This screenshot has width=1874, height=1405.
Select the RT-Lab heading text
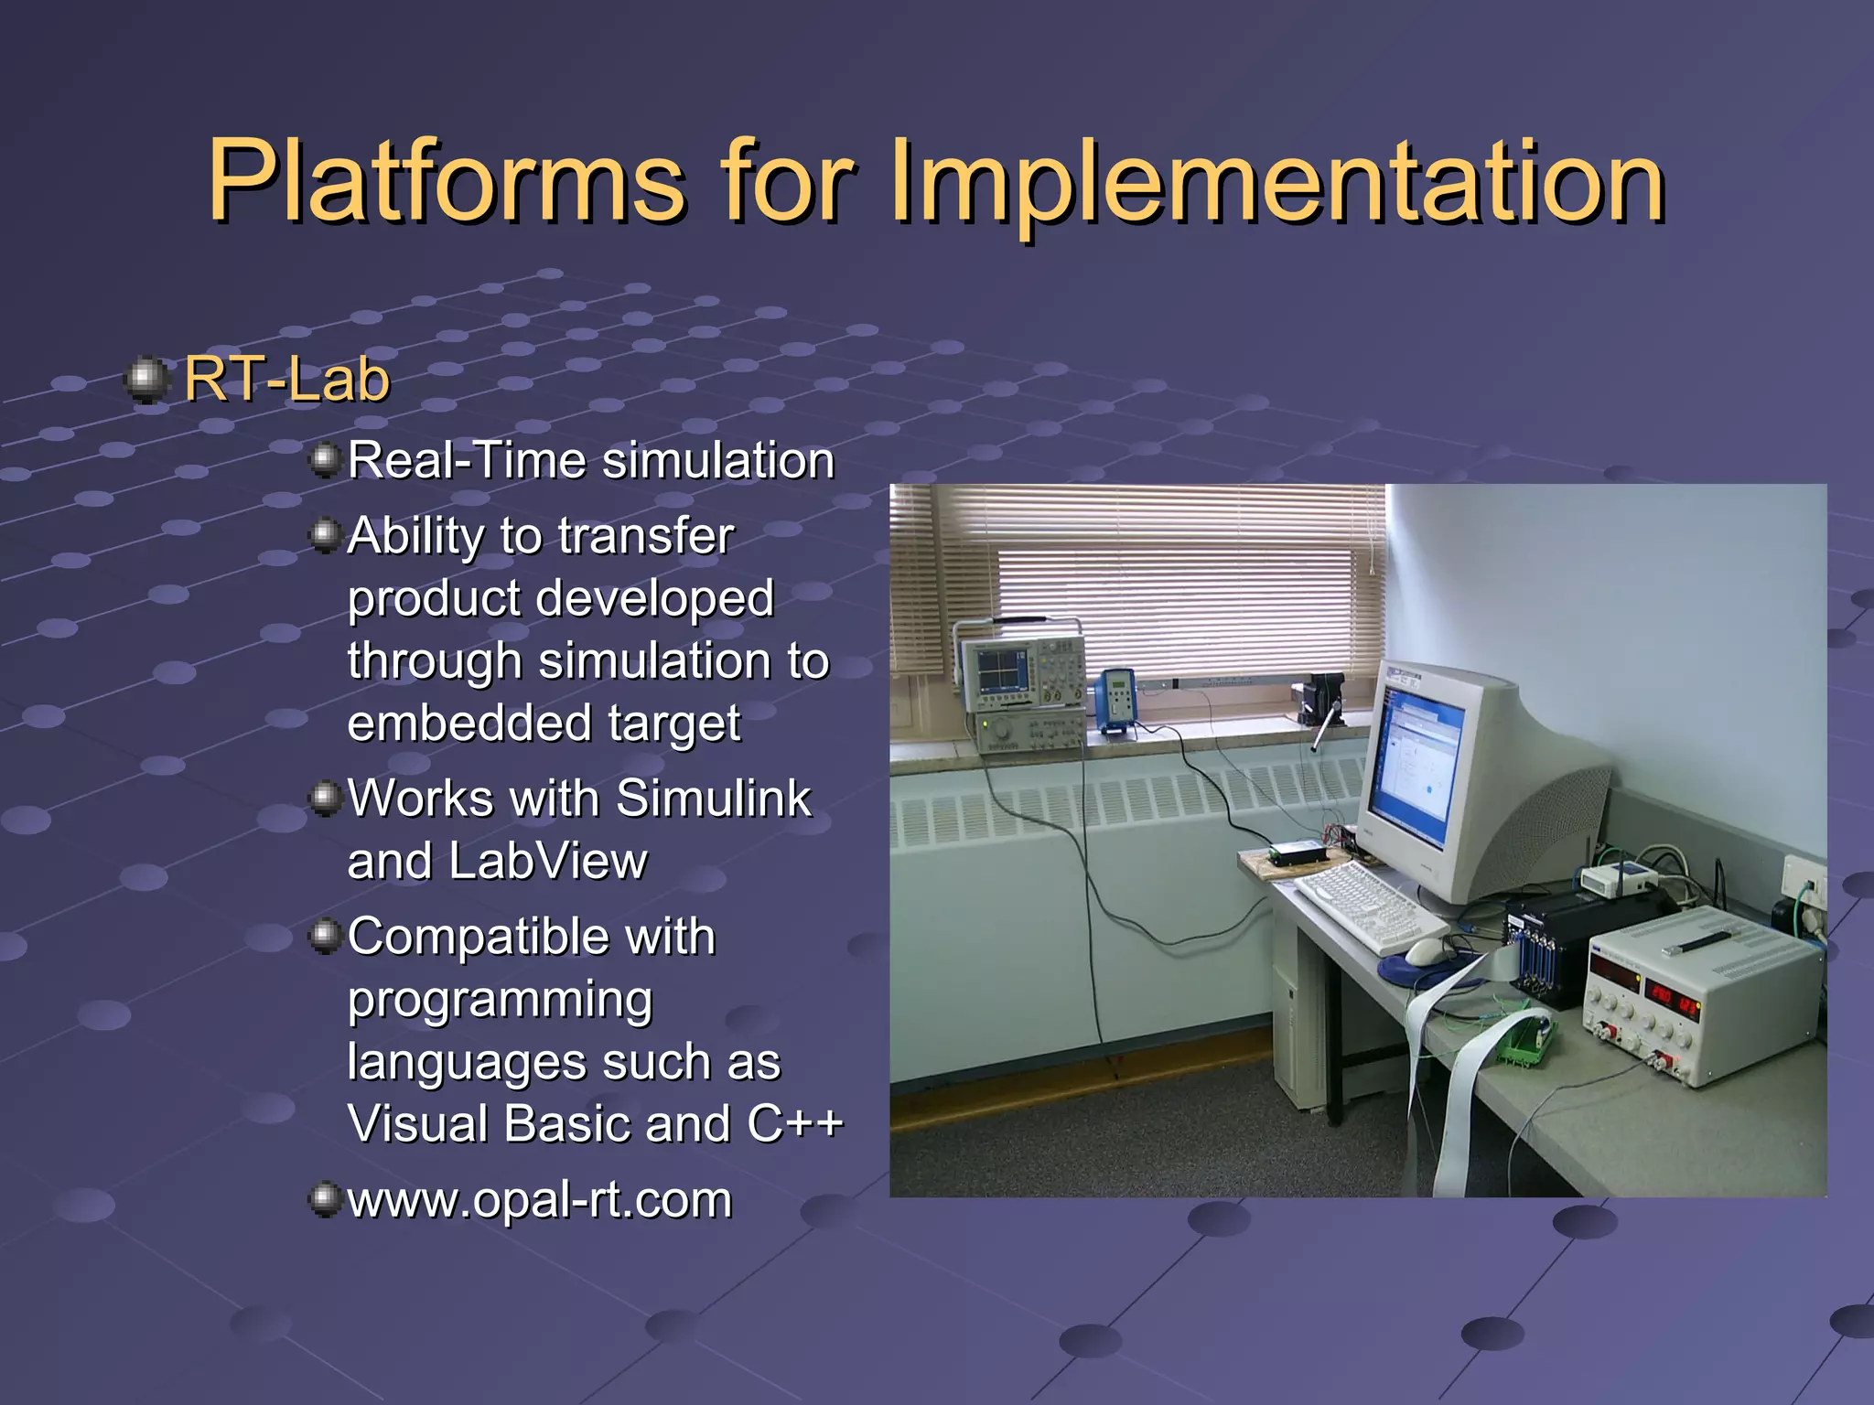coord(286,379)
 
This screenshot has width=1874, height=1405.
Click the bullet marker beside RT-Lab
coord(146,379)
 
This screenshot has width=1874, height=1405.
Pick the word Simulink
coord(713,798)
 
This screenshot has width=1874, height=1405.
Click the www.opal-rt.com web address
coord(540,1199)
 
